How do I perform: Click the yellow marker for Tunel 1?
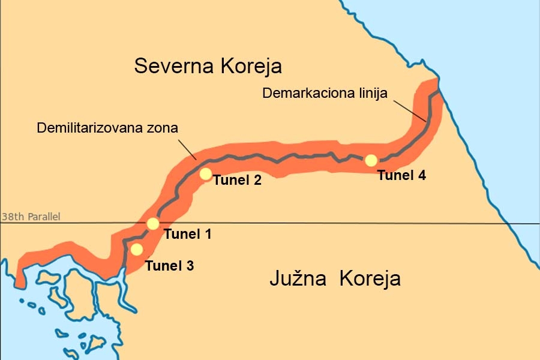pyautogui.click(x=153, y=224)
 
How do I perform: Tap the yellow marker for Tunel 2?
pyautogui.click(x=205, y=174)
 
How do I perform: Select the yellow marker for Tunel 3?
pyautogui.click(x=137, y=249)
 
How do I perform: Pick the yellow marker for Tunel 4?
pyautogui.click(x=371, y=160)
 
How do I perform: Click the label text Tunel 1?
pyautogui.click(x=187, y=235)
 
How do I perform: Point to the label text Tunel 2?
pyautogui.click(x=238, y=180)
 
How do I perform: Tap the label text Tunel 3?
pyautogui.click(x=170, y=265)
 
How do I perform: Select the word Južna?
pyautogui.click(x=299, y=279)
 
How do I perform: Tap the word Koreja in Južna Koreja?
pyautogui.click(x=370, y=279)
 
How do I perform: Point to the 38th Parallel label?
pyautogui.click(x=31, y=217)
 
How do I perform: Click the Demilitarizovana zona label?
pyautogui.click(x=107, y=128)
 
